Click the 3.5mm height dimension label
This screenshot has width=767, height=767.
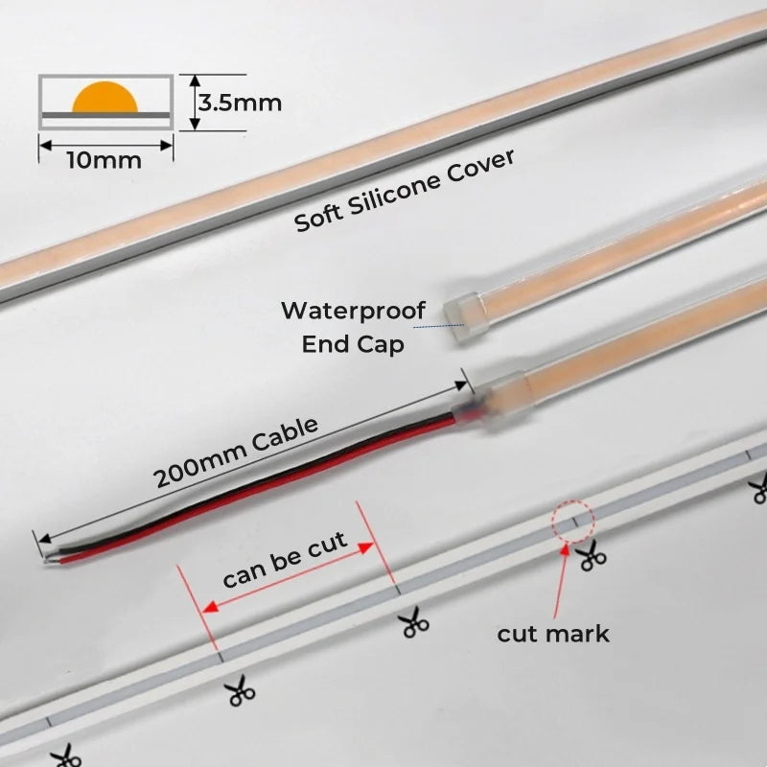[240, 102]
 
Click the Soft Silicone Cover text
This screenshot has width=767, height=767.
[404, 190]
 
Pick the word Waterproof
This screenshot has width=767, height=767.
[342, 312]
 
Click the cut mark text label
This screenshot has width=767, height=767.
[553, 634]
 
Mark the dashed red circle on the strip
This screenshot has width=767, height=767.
[573, 522]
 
